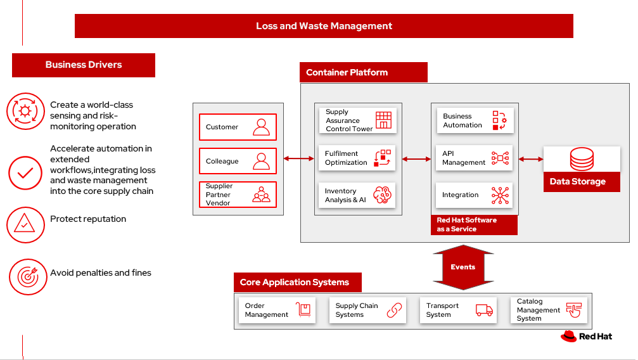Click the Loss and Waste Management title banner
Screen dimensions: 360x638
[x=324, y=26]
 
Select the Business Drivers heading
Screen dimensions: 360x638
[x=84, y=65]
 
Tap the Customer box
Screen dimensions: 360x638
[x=238, y=127]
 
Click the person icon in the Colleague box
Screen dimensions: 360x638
[x=261, y=161]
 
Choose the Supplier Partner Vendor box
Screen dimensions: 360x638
[x=238, y=195]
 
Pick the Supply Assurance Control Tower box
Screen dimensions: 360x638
[x=357, y=120]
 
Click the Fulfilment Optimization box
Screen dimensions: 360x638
[x=357, y=158]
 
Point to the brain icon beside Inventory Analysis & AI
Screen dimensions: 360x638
[x=383, y=195]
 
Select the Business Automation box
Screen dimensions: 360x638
[x=475, y=120]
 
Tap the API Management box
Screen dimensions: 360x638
[x=475, y=158]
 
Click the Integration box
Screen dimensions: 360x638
[x=475, y=195]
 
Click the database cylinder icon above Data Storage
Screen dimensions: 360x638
[x=582, y=158]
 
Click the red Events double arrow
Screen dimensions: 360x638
[x=463, y=267]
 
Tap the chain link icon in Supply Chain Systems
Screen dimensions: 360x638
[x=395, y=310]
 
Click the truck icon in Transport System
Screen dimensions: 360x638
[x=484, y=310]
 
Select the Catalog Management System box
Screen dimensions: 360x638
[x=549, y=311]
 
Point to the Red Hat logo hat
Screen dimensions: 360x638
[x=568, y=337]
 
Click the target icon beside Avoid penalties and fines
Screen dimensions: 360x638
[x=28, y=276]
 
